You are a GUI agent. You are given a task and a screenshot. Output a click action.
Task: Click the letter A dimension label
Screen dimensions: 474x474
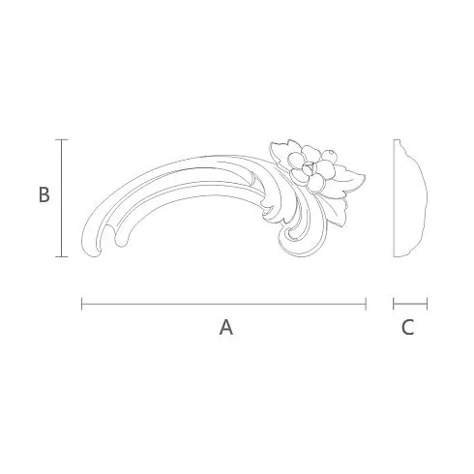[226, 327]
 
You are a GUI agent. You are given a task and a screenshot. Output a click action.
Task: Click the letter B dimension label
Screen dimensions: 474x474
[44, 194]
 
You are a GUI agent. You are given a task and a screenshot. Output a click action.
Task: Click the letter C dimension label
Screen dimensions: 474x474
[408, 327]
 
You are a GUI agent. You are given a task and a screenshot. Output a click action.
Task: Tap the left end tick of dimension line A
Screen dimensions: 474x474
[82, 304]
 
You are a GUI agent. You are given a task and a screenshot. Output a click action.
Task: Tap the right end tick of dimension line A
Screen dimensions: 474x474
[366, 304]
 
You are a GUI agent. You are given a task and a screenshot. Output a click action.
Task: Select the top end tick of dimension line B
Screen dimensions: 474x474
[62, 139]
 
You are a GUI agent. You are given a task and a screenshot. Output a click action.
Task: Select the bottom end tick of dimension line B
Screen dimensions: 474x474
[62, 256]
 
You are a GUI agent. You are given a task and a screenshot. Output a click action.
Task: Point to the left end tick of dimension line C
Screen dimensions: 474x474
[394, 304]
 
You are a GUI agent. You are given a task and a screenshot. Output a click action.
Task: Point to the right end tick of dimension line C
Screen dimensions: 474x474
[427, 304]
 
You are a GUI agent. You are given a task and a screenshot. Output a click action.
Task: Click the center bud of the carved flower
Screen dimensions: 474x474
[308, 168]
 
